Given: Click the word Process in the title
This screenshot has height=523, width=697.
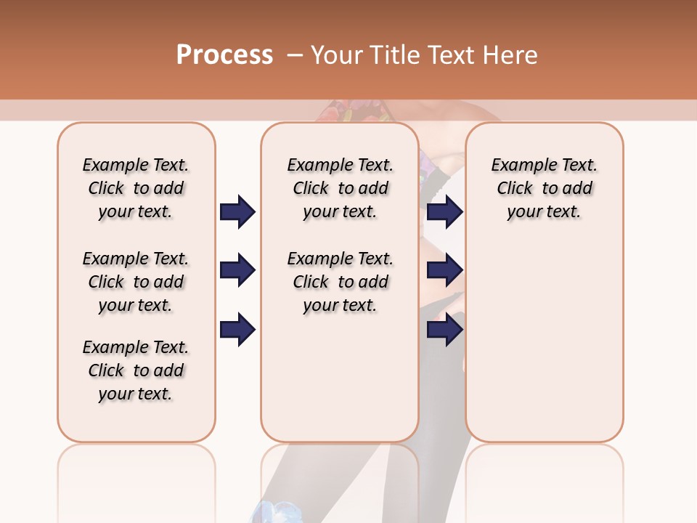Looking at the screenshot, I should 224,55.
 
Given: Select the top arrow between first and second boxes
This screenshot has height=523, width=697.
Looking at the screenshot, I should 237,212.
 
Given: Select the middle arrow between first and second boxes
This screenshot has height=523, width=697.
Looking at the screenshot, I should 237,270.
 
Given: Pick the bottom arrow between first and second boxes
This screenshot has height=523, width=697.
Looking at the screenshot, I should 237,329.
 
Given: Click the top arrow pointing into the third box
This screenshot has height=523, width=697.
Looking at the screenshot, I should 444,212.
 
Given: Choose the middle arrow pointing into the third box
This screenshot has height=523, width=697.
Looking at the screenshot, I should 444,270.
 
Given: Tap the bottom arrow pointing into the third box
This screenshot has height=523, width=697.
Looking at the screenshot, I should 444,329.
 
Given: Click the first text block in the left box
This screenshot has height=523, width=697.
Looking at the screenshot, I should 136,188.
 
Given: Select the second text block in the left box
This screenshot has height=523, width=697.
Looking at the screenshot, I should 136,282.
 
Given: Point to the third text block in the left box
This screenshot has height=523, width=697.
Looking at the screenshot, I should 136,370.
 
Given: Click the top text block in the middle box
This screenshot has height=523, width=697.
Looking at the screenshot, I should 340,188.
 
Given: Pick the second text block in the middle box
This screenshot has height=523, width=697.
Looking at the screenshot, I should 340,282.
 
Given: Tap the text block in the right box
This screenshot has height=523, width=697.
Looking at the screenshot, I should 544,188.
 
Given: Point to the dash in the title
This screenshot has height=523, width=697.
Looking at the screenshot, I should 295,55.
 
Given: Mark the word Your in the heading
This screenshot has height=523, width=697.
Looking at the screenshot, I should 338,55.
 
